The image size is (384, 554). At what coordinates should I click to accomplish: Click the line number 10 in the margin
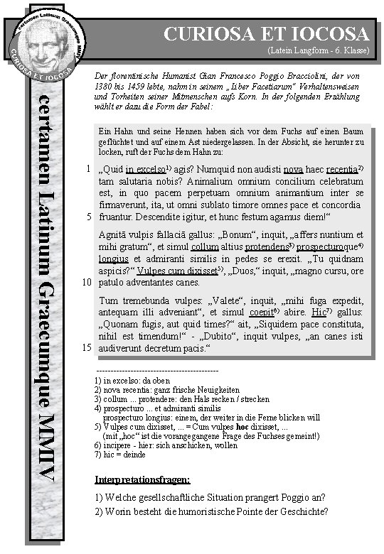pyautogui.click(x=84, y=283)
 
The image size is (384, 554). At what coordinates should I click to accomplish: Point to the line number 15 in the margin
pyautogui.click(x=84, y=349)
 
